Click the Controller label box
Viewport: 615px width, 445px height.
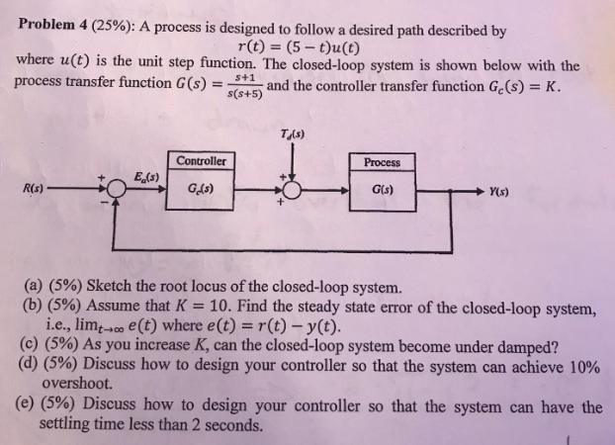pos(202,161)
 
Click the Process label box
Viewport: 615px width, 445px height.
pos(383,161)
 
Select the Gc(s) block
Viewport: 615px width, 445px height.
pos(202,187)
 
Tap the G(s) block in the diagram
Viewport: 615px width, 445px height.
pos(383,187)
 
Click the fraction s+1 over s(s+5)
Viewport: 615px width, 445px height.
pos(243,86)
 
